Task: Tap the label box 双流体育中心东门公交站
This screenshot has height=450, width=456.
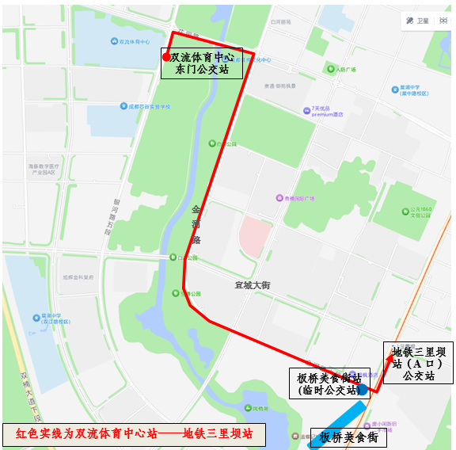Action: [x=201, y=63]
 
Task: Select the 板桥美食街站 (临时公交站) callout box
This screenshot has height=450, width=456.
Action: [x=328, y=383]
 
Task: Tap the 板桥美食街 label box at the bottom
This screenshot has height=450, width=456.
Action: [x=348, y=437]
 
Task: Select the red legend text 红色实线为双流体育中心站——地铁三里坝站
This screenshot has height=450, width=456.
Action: [x=134, y=434]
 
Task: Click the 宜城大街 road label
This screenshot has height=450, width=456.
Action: [x=253, y=285]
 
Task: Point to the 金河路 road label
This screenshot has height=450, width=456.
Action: [x=196, y=225]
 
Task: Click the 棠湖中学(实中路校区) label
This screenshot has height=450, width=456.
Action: [x=414, y=90]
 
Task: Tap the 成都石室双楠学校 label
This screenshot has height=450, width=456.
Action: [x=150, y=105]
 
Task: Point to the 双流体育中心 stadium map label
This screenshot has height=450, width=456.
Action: [x=134, y=40]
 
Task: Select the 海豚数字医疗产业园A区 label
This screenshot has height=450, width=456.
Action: [x=45, y=170]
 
